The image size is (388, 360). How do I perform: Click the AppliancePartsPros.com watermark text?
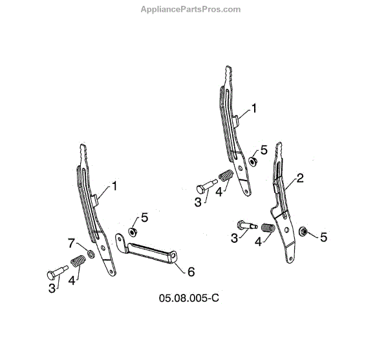tap(190, 10)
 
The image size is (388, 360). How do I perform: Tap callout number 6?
tap(191, 272)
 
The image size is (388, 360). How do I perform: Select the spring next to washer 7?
tap(78, 261)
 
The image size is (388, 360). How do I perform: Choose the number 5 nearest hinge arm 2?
tap(323, 237)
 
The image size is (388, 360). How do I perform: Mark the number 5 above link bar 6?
tap(145, 218)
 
